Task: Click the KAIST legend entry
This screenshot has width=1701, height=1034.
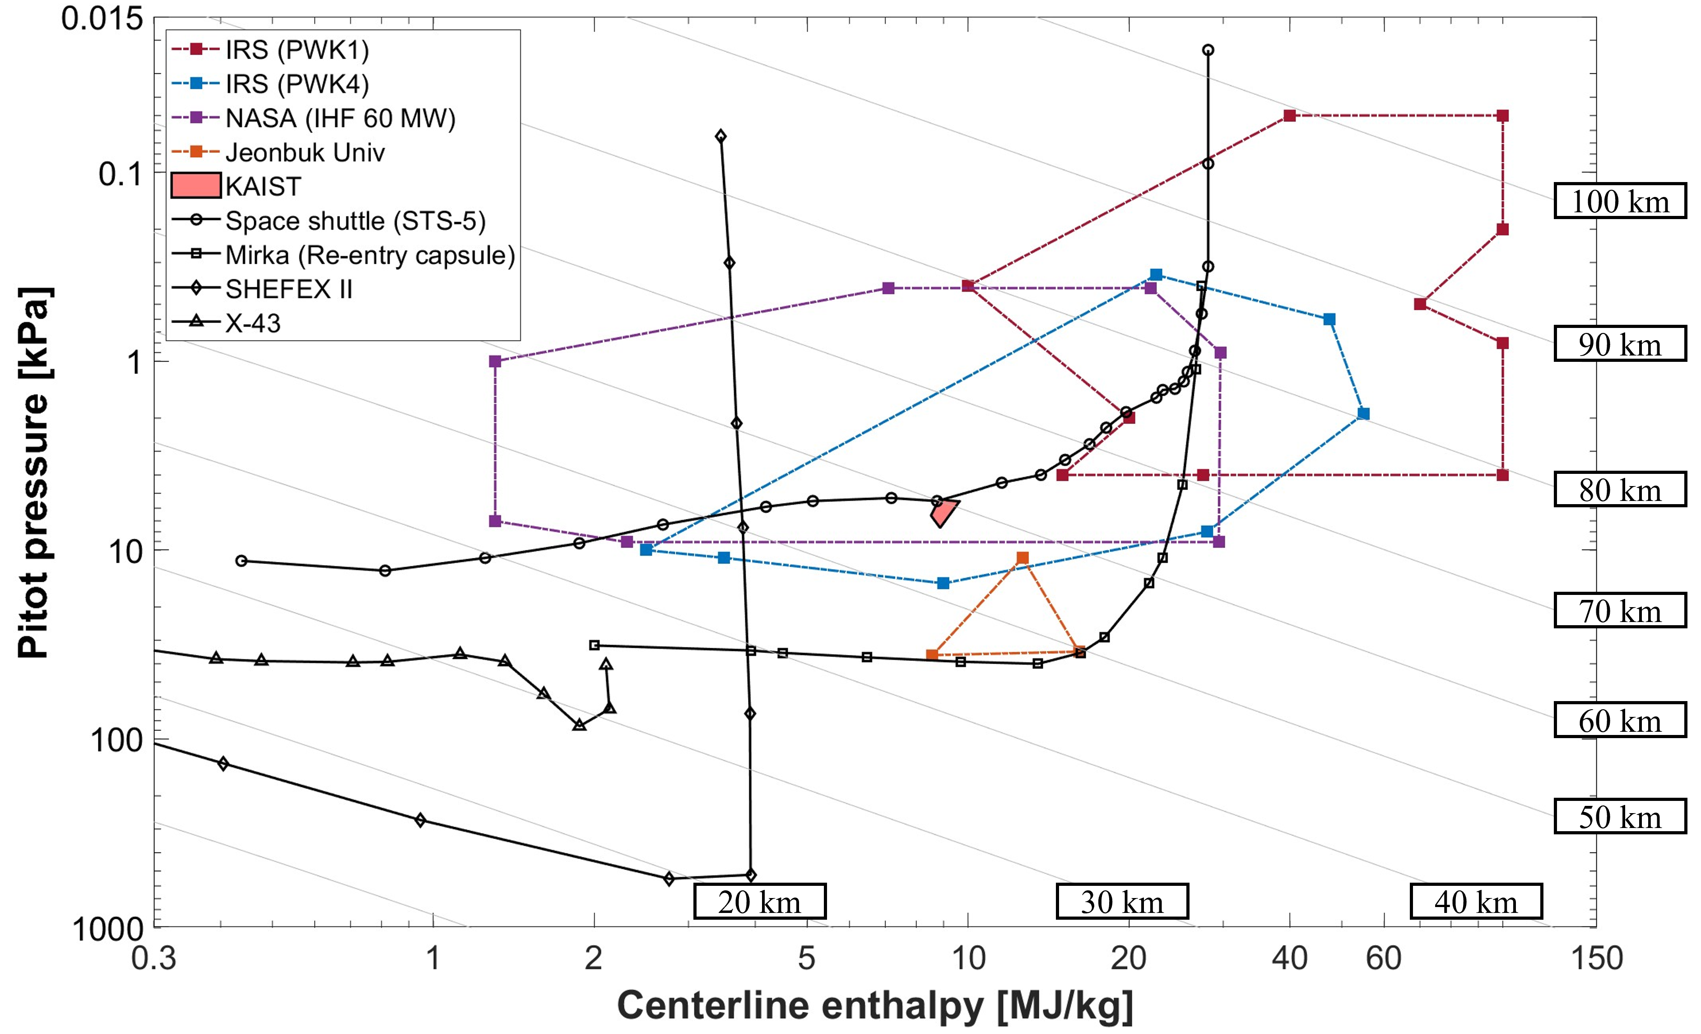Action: point(262,187)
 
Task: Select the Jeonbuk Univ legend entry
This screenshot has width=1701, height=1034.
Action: point(304,152)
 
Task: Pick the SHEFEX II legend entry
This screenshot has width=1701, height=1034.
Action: point(288,289)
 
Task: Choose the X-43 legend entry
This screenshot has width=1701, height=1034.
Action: point(253,323)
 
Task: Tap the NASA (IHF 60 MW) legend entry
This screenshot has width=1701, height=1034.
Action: point(339,118)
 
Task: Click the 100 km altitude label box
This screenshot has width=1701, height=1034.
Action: point(1620,201)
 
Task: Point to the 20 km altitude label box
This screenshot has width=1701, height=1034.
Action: point(759,901)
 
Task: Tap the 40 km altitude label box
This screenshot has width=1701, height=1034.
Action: point(1476,901)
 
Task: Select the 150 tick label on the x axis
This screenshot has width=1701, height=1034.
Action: point(1596,959)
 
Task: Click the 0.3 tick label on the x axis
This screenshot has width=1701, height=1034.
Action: point(153,959)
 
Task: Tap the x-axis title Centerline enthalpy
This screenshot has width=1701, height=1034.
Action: point(875,1005)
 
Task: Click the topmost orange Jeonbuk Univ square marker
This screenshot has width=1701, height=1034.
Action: point(1022,558)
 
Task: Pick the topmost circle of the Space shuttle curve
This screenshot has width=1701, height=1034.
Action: point(1208,50)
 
